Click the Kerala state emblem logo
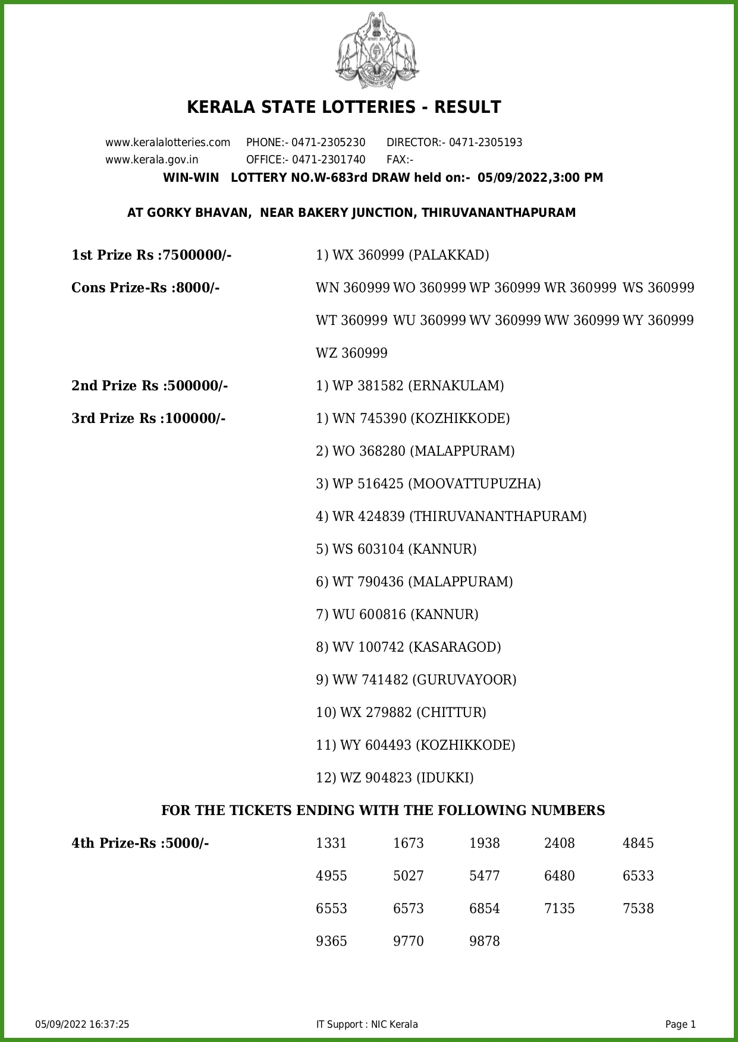tap(376, 51)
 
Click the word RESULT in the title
tap(467, 108)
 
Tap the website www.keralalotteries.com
tap(168, 143)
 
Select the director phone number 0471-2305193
tap(485, 143)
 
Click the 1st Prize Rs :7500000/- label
tap(152, 255)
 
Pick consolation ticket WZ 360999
tap(351, 353)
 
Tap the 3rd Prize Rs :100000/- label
tap(149, 419)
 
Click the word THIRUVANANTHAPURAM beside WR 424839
tap(498, 517)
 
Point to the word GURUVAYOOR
tap(464, 680)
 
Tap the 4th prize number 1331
tap(331, 844)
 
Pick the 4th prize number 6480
tap(560, 876)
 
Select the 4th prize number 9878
tap(485, 942)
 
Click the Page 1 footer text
tap(680, 1024)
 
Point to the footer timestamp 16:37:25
tap(109, 1024)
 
